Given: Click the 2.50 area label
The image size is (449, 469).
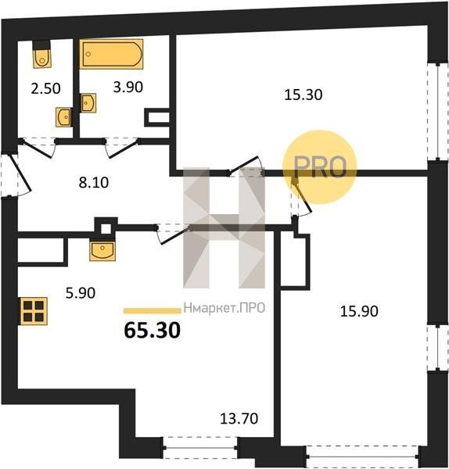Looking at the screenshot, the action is click(46, 88).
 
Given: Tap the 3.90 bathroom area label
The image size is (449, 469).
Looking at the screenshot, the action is click(128, 87).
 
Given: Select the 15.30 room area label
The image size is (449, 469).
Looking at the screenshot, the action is click(304, 95).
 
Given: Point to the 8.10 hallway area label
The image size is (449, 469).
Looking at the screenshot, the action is click(94, 182).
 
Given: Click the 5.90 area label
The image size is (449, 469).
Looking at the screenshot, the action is click(81, 293).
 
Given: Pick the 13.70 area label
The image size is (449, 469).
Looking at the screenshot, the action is click(239, 418).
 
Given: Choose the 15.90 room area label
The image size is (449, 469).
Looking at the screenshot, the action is click(359, 311).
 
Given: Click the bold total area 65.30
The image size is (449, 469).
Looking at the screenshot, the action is click(153, 330).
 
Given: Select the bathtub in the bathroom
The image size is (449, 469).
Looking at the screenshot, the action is click(111, 54).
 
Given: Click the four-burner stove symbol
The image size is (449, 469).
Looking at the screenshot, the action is click(34, 311).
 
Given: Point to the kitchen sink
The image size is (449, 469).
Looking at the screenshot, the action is click(102, 251).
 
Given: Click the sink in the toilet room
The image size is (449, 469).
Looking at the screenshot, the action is click(64, 116).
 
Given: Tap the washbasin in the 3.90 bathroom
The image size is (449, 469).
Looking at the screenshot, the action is click(88, 103).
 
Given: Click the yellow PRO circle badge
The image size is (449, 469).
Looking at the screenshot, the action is click(320, 167).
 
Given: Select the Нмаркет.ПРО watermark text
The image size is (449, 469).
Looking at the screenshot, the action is click(224, 308).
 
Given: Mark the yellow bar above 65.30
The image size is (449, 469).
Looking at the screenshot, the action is click(153, 311).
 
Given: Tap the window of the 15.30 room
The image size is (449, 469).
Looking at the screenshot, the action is click(437, 112).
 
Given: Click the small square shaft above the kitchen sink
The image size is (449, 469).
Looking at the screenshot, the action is click(106, 229).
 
